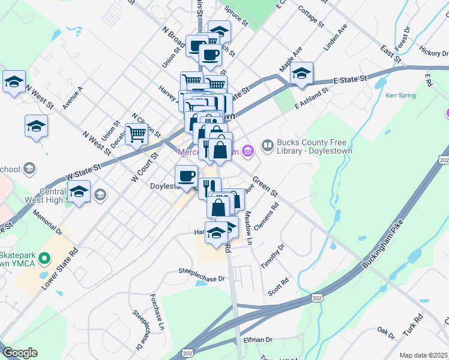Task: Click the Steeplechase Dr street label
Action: (x=201, y=278)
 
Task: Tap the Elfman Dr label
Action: (x=258, y=340)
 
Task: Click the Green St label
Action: (x=265, y=186)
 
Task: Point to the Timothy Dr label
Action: (x=272, y=257)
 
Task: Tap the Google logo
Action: (x=20, y=353)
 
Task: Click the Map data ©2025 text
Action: (x=423, y=355)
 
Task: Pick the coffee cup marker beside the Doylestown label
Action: (x=186, y=176)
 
